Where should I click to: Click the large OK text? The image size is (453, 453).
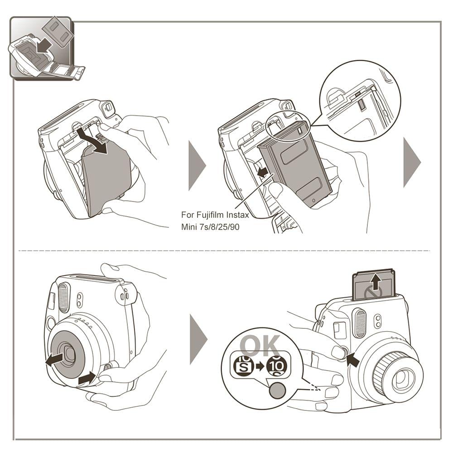[x=260, y=346]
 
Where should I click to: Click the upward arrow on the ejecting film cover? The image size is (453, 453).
[x=375, y=284]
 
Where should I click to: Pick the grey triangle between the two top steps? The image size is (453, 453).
[x=197, y=165]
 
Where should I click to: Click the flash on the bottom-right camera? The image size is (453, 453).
[x=360, y=323]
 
